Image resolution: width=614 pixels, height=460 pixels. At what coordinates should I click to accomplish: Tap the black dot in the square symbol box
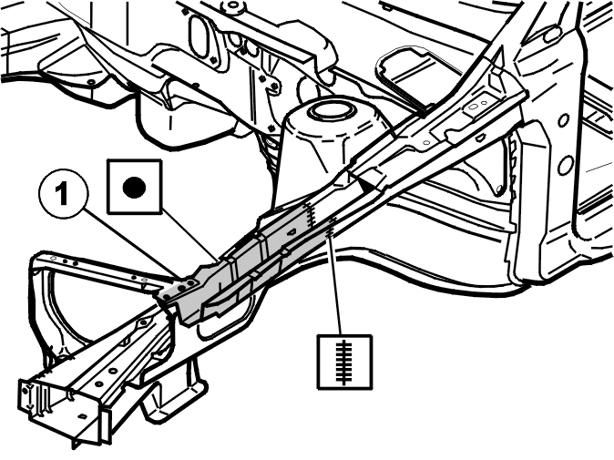pyautogui.click(x=134, y=187)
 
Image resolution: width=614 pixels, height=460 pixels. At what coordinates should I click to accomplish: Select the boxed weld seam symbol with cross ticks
pyautogui.click(x=344, y=362)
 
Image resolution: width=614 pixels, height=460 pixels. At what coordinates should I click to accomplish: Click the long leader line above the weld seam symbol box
pyautogui.click(x=336, y=286)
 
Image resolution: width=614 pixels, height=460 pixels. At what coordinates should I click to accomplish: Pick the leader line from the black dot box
pyautogui.click(x=189, y=236)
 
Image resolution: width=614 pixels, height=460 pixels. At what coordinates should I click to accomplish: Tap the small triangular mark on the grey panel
pyautogui.click(x=291, y=232)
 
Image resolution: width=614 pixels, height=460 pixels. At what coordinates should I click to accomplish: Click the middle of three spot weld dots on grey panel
pyautogui.click(x=182, y=288)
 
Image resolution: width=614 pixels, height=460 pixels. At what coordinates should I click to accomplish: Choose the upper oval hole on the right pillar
pyautogui.click(x=564, y=120)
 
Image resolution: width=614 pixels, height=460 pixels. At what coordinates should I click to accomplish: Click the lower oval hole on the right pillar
pyautogui.click(x=566, y=166)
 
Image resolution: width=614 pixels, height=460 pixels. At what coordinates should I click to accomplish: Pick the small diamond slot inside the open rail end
pyautogui.click(x=82, y=415)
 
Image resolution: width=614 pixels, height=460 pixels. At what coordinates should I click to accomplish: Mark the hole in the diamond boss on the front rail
pyautogui.click(x=143, y=323)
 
